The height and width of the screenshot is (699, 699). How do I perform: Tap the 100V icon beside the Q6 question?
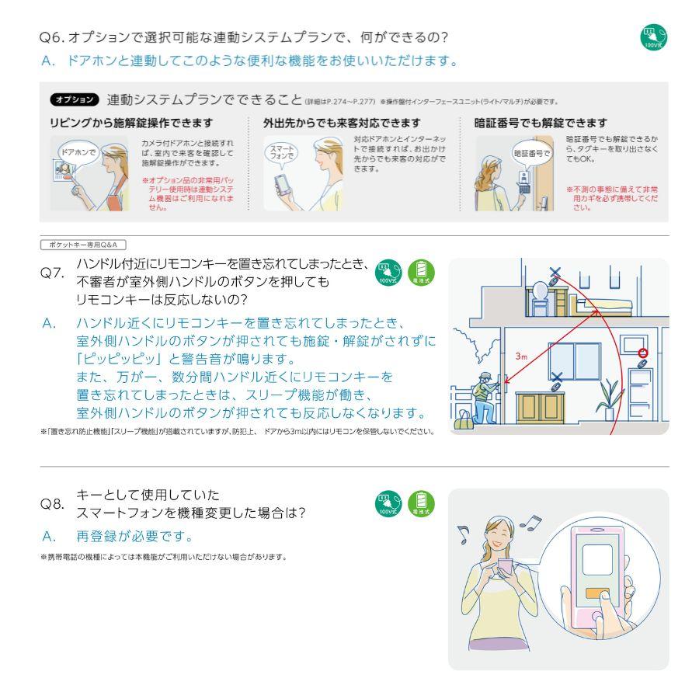[x=653, y=38]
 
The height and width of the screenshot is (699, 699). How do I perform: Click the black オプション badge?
[x=75, y=99]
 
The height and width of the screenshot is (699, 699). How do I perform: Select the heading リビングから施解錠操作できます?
[x=131, y=123]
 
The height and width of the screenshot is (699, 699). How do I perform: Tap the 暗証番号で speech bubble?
[x=530, y=153]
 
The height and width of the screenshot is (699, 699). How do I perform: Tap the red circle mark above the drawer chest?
[x=642, y=355]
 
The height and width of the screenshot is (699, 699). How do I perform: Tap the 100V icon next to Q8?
[x=387, y=503]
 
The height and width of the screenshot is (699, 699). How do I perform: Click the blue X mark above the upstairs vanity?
[x=554, y=273]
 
